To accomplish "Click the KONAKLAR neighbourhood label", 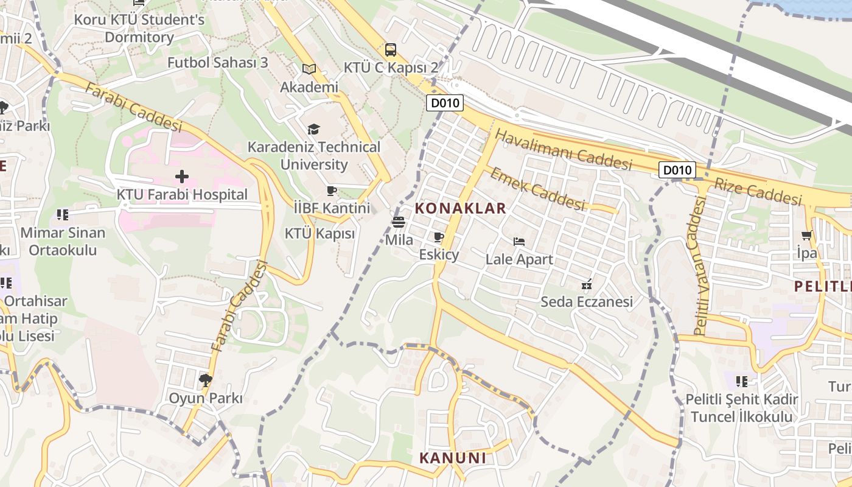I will (x=460, y=208).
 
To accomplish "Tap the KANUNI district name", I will (x=453, y=458).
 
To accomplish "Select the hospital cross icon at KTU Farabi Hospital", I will (x=181, y=177).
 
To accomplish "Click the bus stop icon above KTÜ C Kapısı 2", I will (x=391, y=49).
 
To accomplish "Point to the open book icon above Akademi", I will (x=309, y=69).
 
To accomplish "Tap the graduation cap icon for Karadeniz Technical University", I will (x=313, y=129).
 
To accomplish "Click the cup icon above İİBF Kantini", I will (x=332, y=191).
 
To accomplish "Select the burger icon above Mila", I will (x=399, y=222).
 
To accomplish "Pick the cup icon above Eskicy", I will (x=439, y=237).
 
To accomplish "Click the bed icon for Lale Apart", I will (x=519, y=242).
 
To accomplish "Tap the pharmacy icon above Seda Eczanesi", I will (x=587, y=284).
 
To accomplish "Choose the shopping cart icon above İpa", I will (x=807, y=235).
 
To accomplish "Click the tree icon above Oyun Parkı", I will (x=205, y=380).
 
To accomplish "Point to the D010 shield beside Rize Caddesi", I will (x=677, y=170).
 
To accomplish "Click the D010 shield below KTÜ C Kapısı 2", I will (x=444, y=103).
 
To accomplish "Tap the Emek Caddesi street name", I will (x=537, y=189).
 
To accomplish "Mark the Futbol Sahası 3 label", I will (x=218, y=63).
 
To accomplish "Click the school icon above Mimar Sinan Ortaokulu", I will (x=62, y=215).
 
